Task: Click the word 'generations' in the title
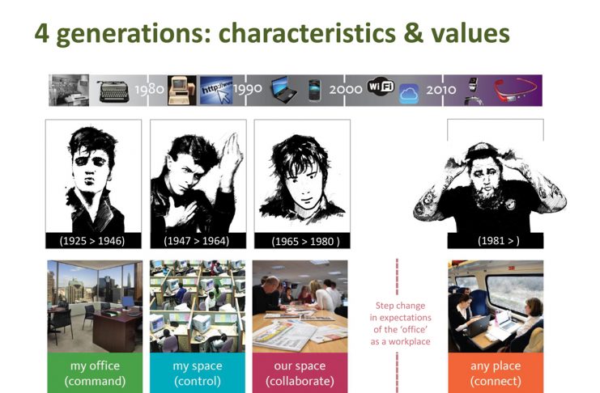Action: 131,35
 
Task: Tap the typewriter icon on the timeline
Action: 113,91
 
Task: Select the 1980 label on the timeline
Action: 149,90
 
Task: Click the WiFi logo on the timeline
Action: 381,86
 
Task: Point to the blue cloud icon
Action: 409,94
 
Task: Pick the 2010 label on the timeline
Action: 441,90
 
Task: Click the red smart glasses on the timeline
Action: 515,91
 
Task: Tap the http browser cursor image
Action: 216,91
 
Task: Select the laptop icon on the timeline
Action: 284,90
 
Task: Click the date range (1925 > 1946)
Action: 92,241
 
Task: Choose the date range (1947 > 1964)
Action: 196,241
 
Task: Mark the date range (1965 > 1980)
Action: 305,241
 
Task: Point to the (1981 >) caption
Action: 498,240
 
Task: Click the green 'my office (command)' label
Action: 95,373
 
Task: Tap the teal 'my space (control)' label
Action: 198,373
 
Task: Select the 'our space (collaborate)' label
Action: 300,373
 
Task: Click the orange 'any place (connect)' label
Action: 496,373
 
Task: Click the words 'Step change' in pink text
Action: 400,306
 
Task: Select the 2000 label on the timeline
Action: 346,90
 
